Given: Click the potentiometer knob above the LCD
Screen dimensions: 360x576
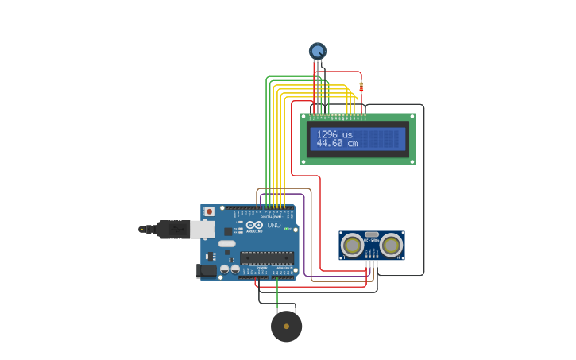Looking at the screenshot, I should coord(318,51).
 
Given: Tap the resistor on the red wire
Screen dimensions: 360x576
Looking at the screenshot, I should coord(361,87).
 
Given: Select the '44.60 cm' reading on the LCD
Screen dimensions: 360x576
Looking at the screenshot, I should coord(337,144).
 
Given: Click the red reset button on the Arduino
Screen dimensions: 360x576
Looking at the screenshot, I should coord(209,211).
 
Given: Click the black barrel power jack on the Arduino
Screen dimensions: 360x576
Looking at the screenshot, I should coord(206,270).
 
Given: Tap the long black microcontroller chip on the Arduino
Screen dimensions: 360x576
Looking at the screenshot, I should coord(266,257).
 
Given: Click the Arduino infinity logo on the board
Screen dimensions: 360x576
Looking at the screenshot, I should coord(254,225).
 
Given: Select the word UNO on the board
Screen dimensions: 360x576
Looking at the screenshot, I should coord(273,226).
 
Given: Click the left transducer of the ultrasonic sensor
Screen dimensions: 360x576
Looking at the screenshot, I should coord(352,246).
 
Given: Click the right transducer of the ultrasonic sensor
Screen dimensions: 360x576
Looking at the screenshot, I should coord(391,246).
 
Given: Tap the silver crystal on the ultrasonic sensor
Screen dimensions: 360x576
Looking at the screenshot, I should coord(372,236).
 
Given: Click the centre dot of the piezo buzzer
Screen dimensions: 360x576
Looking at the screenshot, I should coord(287,327).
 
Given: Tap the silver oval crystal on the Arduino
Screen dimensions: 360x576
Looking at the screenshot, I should coord(226,243).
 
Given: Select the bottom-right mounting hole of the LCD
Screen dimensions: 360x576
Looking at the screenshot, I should coord(412,161).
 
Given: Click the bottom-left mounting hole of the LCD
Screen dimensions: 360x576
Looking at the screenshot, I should coord(304,161).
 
